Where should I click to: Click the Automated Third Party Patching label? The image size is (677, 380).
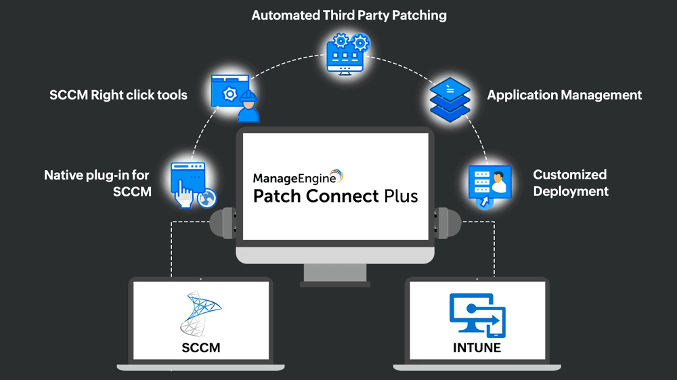point(349,15)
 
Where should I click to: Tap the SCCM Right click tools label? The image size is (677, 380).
point(118,95)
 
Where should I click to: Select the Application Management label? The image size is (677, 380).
point(564,95)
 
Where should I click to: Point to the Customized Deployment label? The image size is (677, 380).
point(570,183)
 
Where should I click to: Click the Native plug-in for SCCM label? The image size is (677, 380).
point(97,183)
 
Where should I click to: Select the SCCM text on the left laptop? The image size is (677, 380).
point(200,348)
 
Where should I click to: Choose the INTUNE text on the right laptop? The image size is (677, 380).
point(477,348)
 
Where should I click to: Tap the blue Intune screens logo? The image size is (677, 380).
point(477,314)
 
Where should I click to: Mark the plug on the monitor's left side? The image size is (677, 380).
point(225,221)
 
